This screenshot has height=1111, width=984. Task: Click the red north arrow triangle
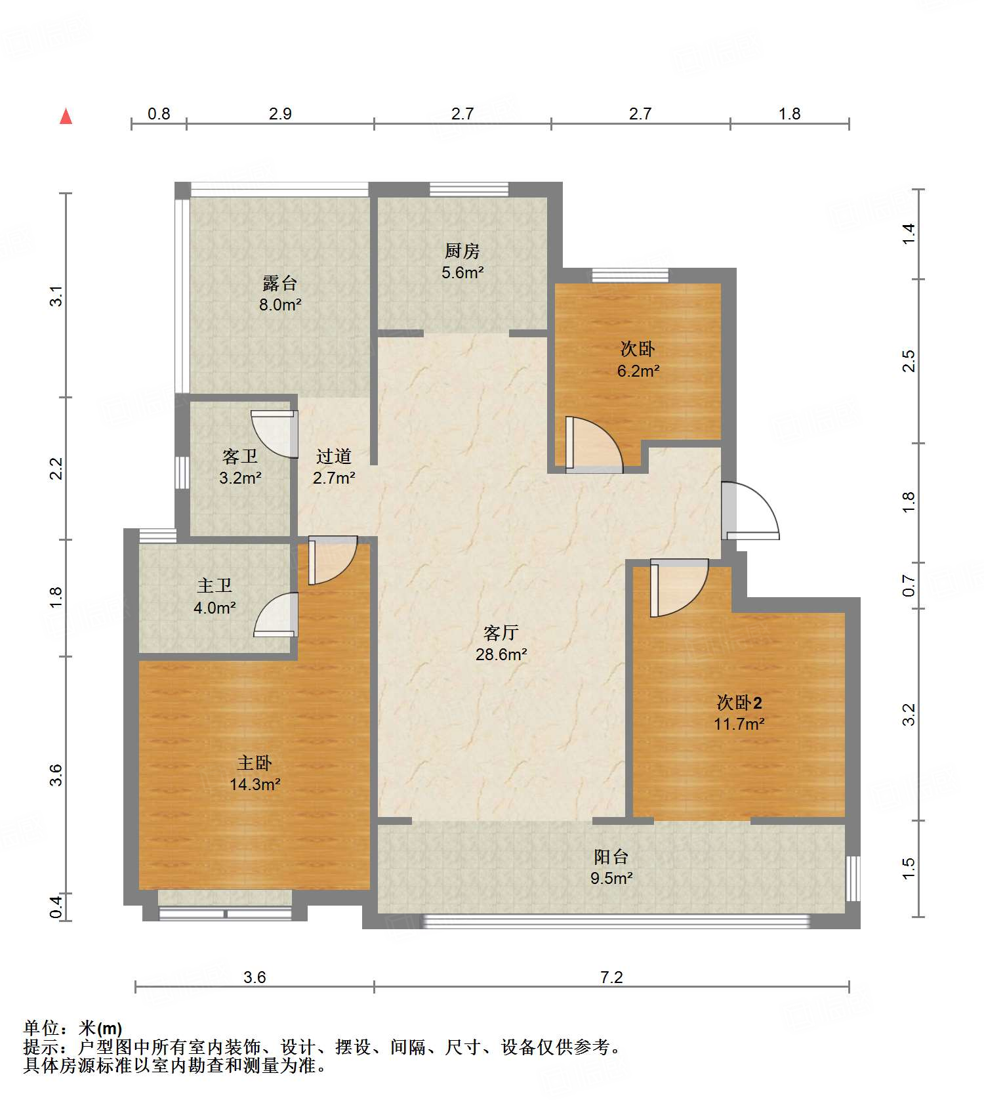pyautogui.click(x=66, y=116)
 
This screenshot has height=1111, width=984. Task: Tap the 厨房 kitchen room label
pyautogui.click(x=462, y=251)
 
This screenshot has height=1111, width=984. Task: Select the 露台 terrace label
pyautogui.click(x=280, y=283)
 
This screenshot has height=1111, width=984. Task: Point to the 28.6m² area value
pyautogui.click(x=502, y=654)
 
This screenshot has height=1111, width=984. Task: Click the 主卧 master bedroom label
pyautogui.click(x=255, y=763)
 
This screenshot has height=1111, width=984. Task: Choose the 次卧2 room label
pyautogui.click(x=739, y=703)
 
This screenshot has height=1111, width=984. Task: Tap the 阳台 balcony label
pyautogui.click(x=611, y=856)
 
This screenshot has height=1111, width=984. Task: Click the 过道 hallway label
pyautogui.click(x=334, y=456)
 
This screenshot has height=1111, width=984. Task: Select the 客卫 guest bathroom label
pyautogui.click(x=240, y=456)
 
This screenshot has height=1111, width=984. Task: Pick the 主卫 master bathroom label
pyautogui.click(x=215, y=585)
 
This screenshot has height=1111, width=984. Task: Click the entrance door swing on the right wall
pyautogui.click(x=750, y=511)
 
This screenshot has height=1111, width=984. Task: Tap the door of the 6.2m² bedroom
pyautogui.click(x=594, y=445)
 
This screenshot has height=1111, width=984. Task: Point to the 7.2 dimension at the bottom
pyautogui.click(x=611, y=977)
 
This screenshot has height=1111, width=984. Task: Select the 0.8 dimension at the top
pyautogui.click(x=159, y=114)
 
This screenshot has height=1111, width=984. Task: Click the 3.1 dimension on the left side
pyautogui.click(x=57, y=296)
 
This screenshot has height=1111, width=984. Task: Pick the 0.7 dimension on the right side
pyautogui.click(x=909, y=585)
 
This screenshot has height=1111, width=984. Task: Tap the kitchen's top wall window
pyautogui.click(x=469, y=190)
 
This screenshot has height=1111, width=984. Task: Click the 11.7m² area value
pyautogui.click(x=739, y=724)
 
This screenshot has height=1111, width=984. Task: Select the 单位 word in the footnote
pyautogui.click(x=45, y=1028)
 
